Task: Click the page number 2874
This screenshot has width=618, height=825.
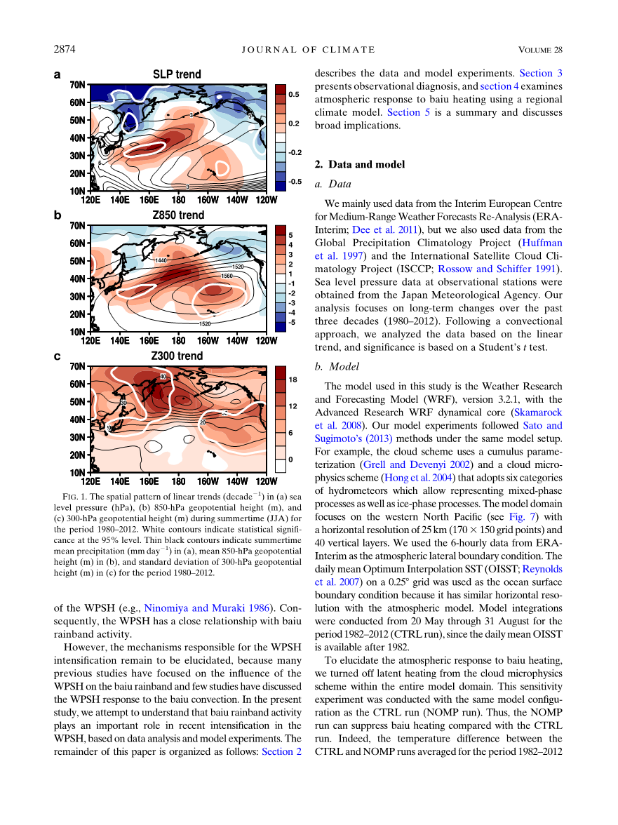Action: (65, 49)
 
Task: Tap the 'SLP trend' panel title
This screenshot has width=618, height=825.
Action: (177, 74)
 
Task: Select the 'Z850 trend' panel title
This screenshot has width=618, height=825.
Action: (178, 215)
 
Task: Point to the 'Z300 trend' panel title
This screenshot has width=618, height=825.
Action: (177, 356)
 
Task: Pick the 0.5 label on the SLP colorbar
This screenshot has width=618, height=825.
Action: (294, 93)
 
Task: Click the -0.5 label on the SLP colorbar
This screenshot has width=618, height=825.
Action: (295, 182)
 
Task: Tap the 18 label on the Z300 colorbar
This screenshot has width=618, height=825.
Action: (293, 379)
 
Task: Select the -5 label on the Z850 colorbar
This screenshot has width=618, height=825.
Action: (292, 322)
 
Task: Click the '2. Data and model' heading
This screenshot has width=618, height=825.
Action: (360, 165)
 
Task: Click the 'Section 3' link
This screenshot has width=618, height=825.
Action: (540, 72)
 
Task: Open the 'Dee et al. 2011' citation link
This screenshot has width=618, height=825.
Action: (390, 229)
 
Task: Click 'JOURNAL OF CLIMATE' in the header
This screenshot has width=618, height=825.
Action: (309, 49)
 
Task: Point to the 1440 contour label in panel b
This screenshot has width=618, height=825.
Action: (161, 260)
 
